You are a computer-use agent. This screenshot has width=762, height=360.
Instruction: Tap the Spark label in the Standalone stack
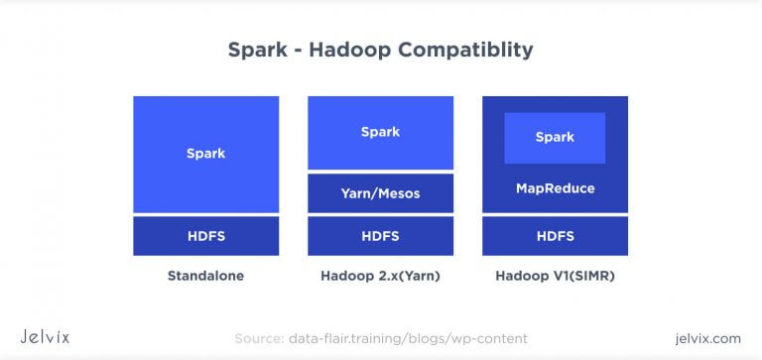(205, 153)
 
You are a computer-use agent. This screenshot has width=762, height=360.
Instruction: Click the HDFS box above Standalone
(205, 236)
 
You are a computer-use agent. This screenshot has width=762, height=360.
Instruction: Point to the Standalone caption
(205, 275)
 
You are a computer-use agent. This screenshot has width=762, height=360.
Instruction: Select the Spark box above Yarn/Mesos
(380, 132)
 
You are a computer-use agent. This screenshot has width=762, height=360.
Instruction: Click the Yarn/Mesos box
(380, 193)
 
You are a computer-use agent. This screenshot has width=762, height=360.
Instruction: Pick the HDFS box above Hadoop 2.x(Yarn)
(380, 236)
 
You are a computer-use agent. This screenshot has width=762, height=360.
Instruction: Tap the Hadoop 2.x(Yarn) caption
(380, 275)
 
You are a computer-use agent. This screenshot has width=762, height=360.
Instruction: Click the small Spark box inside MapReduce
(555, 137)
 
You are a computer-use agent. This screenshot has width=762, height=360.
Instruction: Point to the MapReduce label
(555, 187)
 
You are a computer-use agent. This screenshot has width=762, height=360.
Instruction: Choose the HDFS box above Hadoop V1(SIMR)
(555, 236)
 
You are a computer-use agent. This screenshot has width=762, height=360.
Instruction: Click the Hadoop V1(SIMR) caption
(555, 275)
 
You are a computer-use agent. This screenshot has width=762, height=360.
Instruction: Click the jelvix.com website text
(705, 338)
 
